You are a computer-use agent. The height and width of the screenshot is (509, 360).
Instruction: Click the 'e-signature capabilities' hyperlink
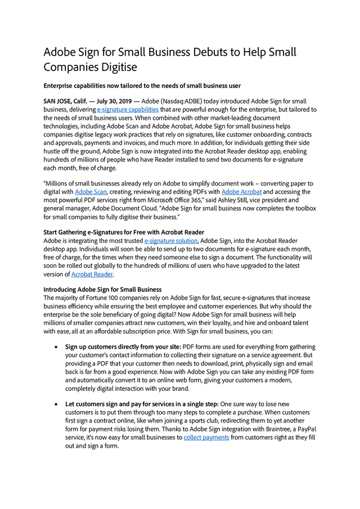(x=128, y=110)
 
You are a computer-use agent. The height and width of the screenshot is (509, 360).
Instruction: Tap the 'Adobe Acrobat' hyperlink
(x=241, y=192)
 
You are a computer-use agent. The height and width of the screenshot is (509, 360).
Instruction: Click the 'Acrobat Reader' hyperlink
(x=92, y=274)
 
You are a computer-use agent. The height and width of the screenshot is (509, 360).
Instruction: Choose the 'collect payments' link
(x=206, y=437)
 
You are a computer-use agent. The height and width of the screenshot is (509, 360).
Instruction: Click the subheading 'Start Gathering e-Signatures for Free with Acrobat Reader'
(x=124, y=232)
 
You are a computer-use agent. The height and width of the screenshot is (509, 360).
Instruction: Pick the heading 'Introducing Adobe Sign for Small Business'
(x=102, y=290)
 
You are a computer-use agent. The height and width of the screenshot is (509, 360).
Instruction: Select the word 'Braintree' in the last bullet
(x=269, y=429)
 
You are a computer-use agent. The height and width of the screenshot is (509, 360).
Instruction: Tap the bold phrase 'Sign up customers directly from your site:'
(x=123, y=347)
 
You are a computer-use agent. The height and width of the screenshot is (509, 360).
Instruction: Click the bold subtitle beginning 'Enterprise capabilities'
(x=142, y=85)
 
